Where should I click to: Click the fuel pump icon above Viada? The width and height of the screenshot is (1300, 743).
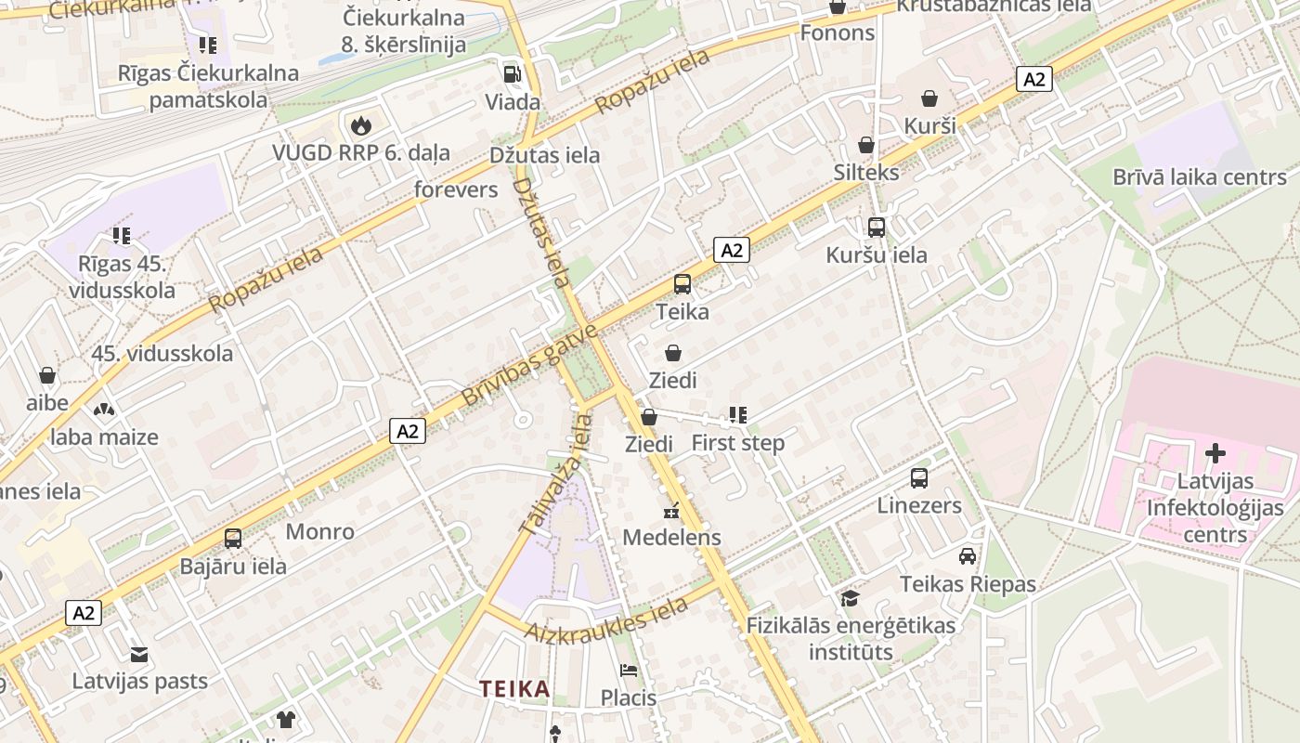coord(512,74)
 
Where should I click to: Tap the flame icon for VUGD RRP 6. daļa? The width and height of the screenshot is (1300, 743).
coord(360,125)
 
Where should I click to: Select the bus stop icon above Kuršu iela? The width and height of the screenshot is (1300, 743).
coord(876,227)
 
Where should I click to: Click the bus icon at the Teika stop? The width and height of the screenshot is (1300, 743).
coord(682,284)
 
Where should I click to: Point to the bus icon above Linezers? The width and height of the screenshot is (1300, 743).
coord(919,478)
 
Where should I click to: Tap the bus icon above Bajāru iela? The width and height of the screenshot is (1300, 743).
coord(233,539)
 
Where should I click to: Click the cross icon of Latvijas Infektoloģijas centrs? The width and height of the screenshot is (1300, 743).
coord(1215,454)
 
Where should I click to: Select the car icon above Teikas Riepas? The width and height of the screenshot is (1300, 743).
coord(968,556)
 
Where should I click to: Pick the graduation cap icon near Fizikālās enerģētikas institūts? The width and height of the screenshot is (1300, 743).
coord(850,598)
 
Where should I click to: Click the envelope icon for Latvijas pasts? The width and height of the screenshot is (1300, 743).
coord(139,654)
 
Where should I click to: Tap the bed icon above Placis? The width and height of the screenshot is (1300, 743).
coord(629,671)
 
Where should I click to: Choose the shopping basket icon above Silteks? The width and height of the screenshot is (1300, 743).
coord(866,145)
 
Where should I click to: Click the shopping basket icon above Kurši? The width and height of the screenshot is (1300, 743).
coord(929,98)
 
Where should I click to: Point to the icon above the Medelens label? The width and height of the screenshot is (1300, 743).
coord(672,511)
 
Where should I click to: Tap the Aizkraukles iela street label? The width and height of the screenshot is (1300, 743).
coord(608,619)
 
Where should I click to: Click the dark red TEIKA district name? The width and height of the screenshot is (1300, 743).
coord(514,689)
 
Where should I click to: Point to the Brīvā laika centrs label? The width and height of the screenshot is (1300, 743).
coord(1200,177)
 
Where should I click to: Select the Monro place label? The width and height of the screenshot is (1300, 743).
coord(319,532)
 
